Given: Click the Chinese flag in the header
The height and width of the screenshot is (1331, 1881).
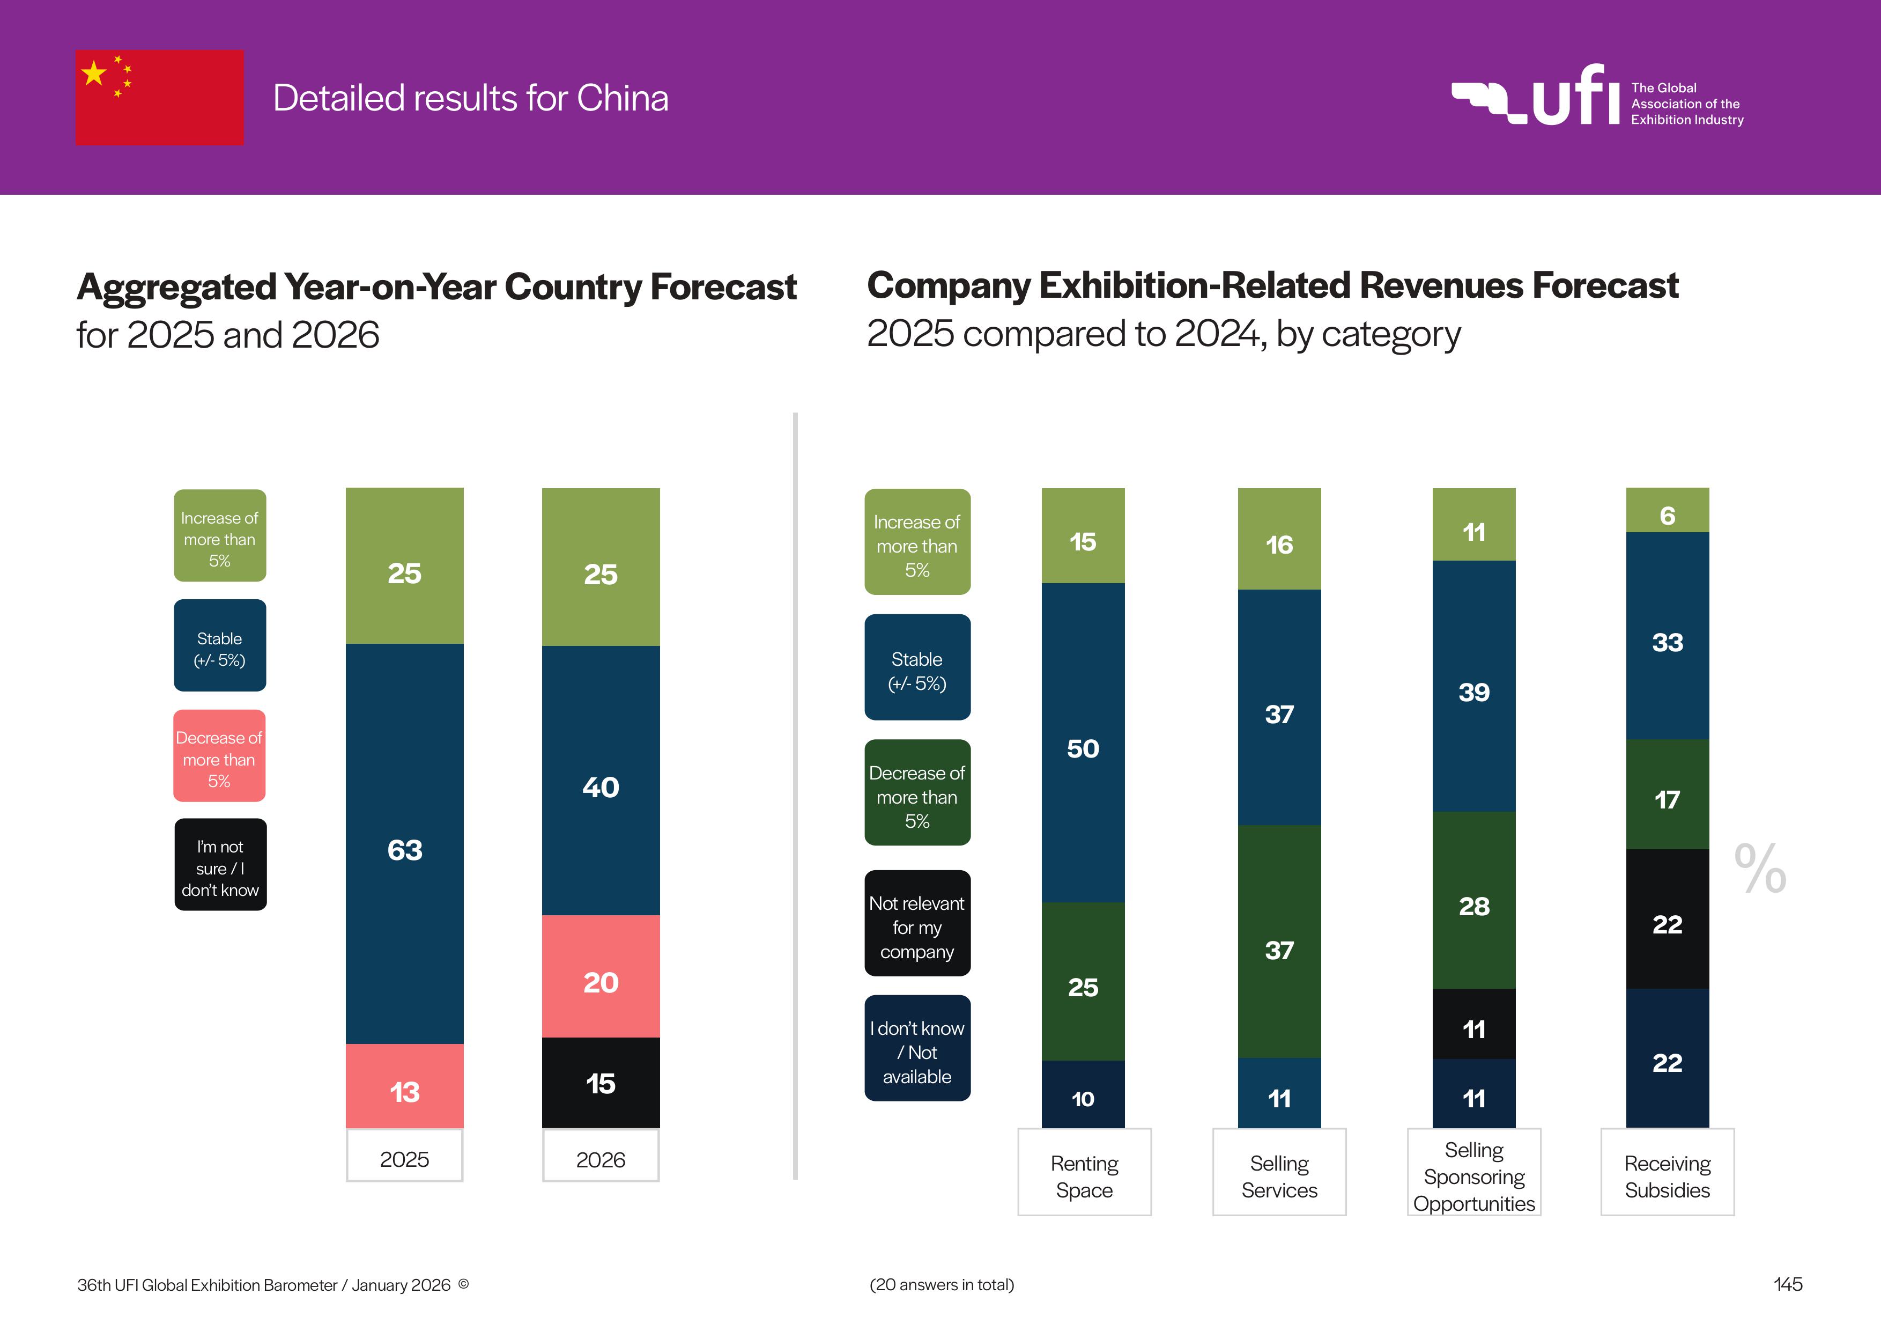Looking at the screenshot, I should [160, 98].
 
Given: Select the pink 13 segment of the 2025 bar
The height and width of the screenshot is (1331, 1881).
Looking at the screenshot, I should [405, 1086].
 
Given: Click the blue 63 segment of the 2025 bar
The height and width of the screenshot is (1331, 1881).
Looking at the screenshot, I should [405, 844].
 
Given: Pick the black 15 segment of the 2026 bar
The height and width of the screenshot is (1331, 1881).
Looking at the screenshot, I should [601, 1083].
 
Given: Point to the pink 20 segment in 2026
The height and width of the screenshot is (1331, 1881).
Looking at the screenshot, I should [601, 976].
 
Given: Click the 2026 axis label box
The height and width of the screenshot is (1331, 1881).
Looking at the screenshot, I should [601, 1156].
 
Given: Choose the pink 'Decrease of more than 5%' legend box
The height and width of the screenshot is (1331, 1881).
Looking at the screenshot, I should [219, 756].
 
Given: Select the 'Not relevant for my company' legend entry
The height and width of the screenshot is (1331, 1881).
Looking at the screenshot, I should [917, 924].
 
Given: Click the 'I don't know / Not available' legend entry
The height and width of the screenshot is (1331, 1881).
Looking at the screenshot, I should [917, 1048].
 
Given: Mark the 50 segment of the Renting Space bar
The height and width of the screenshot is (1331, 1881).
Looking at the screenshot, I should [1083, 742].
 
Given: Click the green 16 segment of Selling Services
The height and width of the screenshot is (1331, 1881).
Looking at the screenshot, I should [1279, 539].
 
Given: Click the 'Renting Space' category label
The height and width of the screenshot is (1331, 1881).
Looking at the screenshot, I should [1084, 1173].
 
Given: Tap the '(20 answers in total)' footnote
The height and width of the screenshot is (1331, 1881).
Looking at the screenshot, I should [942, 1284].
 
